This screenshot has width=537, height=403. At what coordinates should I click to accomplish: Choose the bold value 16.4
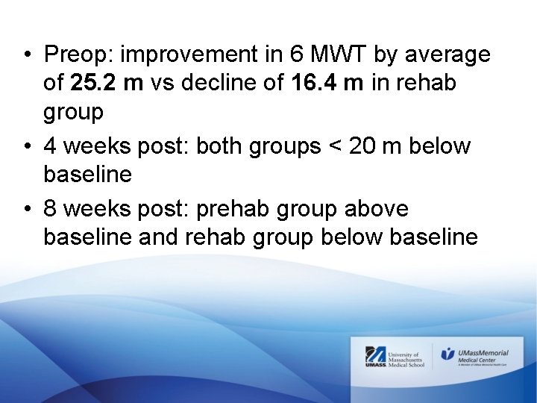coord(313,84)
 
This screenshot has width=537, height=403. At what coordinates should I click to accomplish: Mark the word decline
coord(219,84)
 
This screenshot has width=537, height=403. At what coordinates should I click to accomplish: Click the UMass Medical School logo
coord(393,357)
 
